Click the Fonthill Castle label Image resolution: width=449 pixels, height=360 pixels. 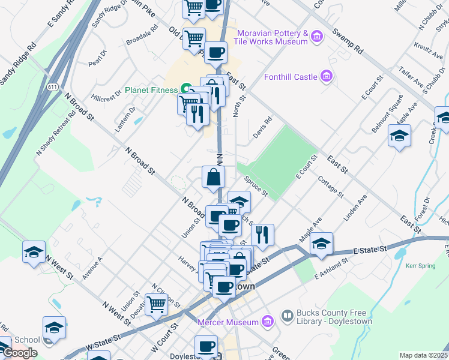(291, 77)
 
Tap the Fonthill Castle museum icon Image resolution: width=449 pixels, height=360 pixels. (326, 76)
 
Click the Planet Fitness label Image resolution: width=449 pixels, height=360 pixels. (151, 91)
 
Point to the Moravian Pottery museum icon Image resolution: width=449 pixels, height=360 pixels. (318, 37)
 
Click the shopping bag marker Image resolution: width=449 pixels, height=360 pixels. (214, 178)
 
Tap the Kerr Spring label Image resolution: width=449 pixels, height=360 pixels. (420, 265)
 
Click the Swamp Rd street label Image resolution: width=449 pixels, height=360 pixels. (350, 41)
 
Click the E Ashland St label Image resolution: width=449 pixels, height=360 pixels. (333, 268)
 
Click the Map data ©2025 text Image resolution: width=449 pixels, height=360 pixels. (424, 355)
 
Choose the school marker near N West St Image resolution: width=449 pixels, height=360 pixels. (34, 252)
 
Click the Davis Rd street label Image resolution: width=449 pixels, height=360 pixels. (262, 127)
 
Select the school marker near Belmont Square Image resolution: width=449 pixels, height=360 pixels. (399, 136)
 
